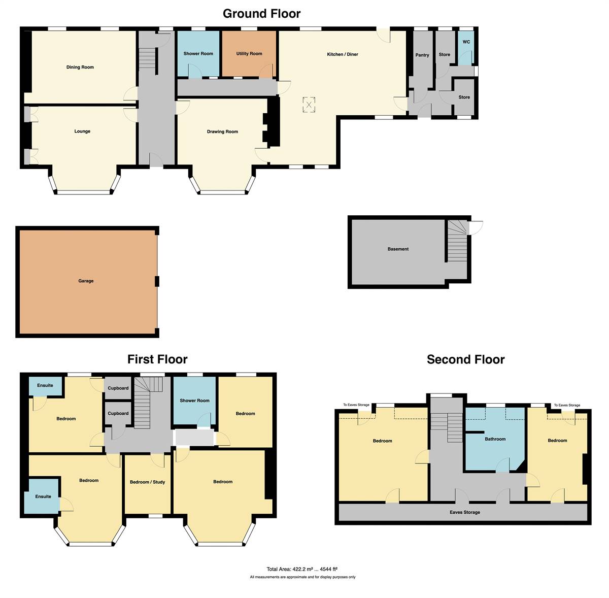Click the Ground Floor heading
pos(261,14)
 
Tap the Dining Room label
pos(80,67)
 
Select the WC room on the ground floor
pos(466,48)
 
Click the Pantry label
pos(422,55)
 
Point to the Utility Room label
pos(249,53)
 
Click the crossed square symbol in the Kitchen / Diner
pos(309,105)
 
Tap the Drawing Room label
pos(222,131)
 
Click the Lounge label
pos(82,131)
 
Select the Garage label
pos(86,281)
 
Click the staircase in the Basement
pos(457,241)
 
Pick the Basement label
pos(398,249)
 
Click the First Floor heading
pos(157,359)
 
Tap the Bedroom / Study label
pos(147,482)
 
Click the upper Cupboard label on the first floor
pos(118,388)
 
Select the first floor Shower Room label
pos(194,401)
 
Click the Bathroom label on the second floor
pos(495,439)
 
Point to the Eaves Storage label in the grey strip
pos(464,512)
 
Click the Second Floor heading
pos(465,359)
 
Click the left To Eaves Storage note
pos(356,405)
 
